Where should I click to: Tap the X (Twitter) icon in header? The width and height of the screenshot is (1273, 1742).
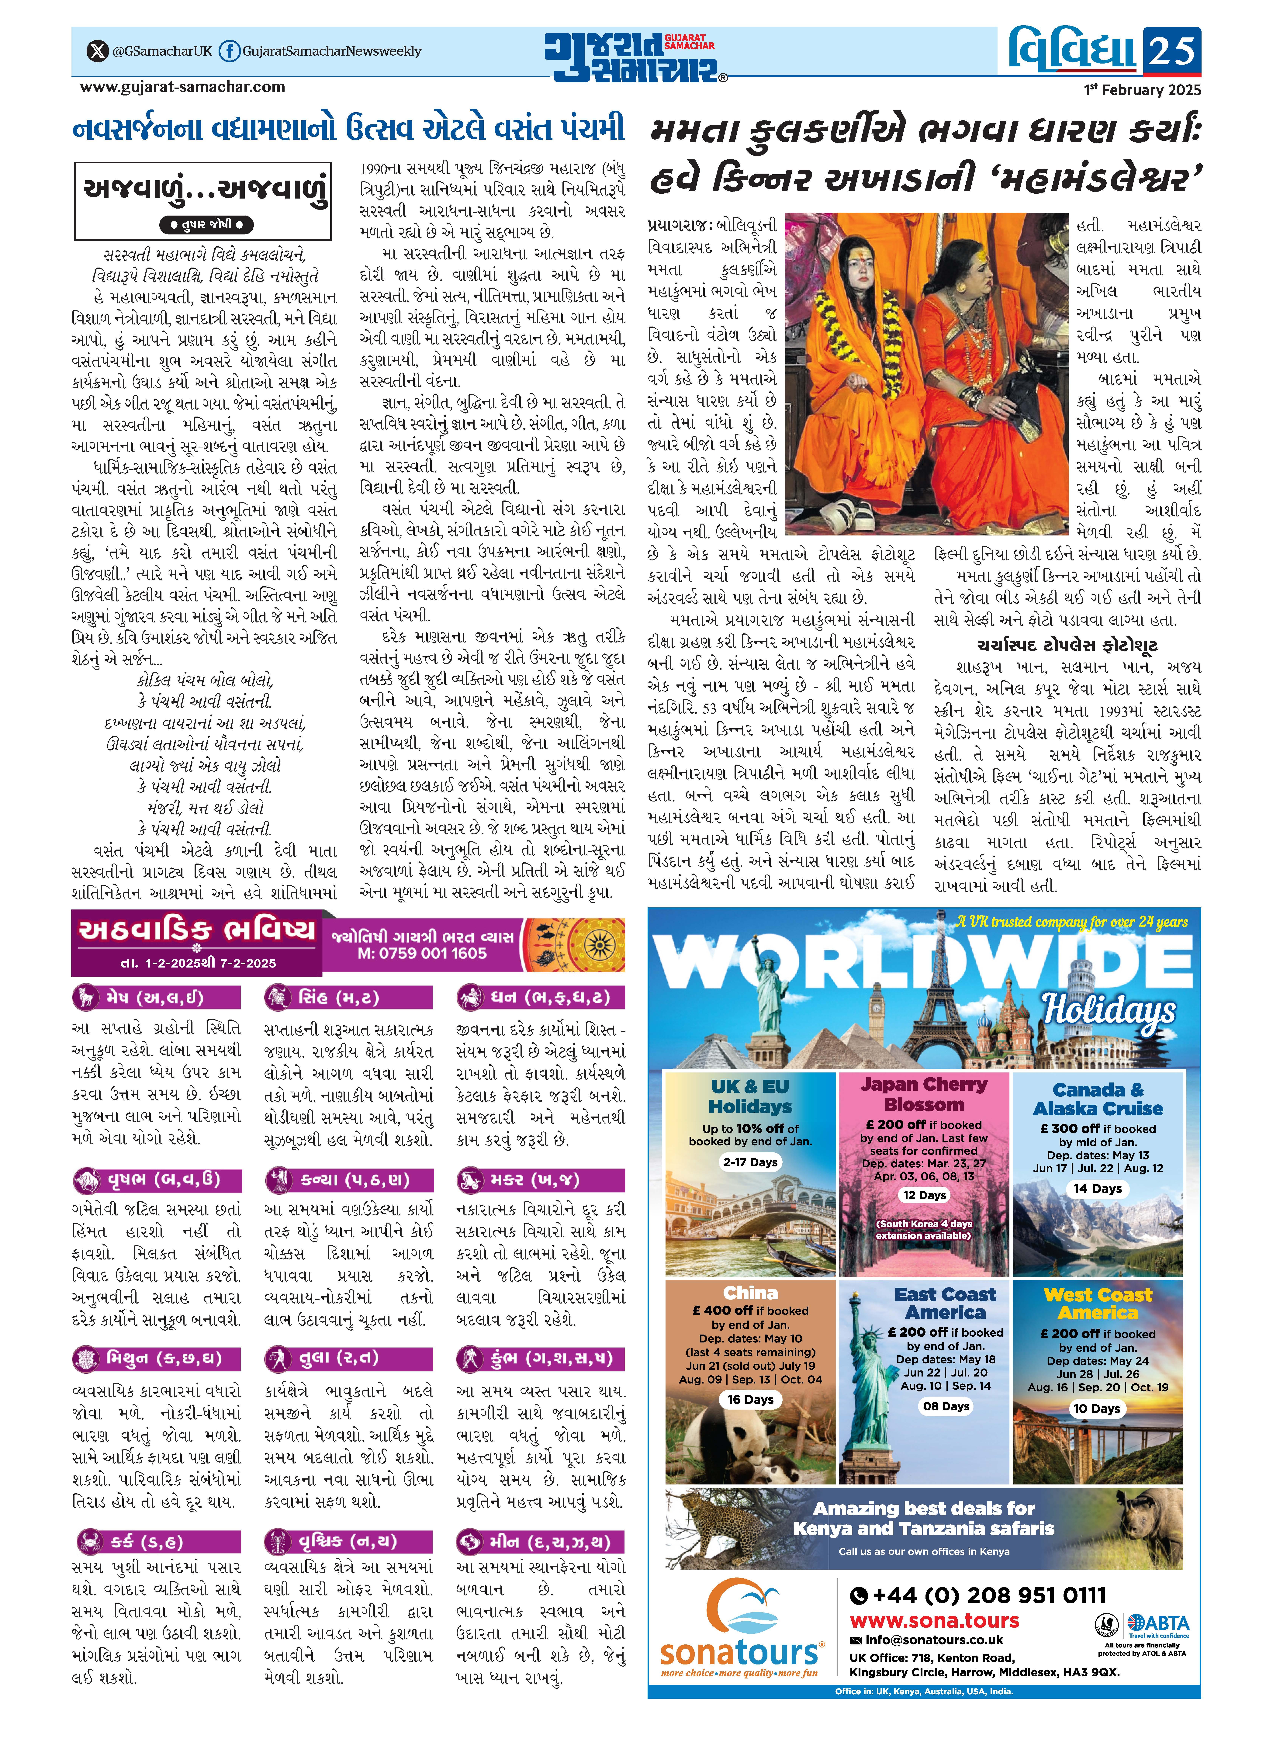point(96,52)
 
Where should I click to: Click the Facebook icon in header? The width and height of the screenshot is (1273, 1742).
point(228,52)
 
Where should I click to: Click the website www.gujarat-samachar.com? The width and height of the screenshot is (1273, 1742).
point(183,87)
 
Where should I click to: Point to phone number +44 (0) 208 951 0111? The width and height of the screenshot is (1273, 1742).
point(977,1596)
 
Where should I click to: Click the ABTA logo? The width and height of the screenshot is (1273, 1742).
point(1158,1623)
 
